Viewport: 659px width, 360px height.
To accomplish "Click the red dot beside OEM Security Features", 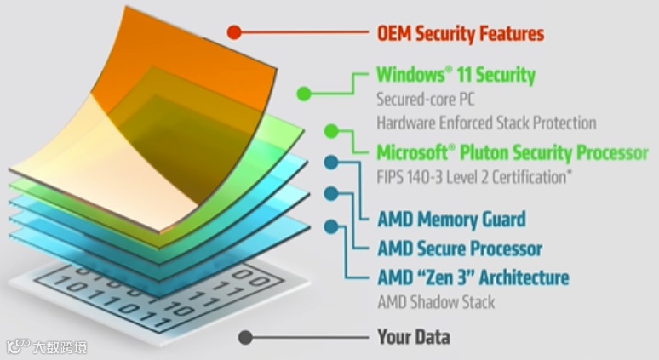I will [233, 33].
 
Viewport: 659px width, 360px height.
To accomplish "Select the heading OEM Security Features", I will [460, 34].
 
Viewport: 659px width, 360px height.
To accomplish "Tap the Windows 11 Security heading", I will [456, 75].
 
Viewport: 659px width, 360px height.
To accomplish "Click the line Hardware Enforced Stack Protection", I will [486, 123].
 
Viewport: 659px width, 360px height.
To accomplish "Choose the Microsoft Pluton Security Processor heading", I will [512, 153].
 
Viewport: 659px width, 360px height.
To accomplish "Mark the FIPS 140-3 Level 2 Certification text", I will [473, 178].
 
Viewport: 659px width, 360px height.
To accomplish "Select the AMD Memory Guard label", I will [451, 220].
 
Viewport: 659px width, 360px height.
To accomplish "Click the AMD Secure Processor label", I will [460, 249].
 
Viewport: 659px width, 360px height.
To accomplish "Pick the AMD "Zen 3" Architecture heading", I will [473, 277].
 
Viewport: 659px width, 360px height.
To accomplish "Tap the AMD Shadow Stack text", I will [436, 302].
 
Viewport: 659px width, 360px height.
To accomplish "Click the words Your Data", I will [414, 337].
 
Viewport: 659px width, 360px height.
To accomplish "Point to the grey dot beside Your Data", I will [245, 337].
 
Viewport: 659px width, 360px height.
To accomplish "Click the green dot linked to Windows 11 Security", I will [303, 93].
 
